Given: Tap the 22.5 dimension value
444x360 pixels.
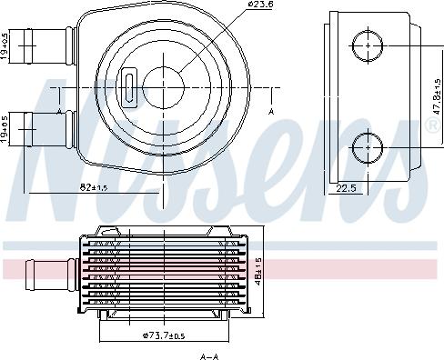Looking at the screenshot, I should coord(345,189).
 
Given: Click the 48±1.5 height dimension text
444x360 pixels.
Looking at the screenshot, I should coord(259,271).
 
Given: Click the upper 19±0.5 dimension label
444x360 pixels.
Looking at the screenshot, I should coord(6,45).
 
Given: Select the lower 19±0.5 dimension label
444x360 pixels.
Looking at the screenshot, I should coord(6,129).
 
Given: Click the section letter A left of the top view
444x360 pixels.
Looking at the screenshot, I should coord(59,111).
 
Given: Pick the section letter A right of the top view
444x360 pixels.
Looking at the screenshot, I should coord(272,111).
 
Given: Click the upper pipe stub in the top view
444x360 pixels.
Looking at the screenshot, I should coord(49,43).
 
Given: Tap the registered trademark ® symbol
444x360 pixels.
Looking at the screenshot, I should coord(430,126).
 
